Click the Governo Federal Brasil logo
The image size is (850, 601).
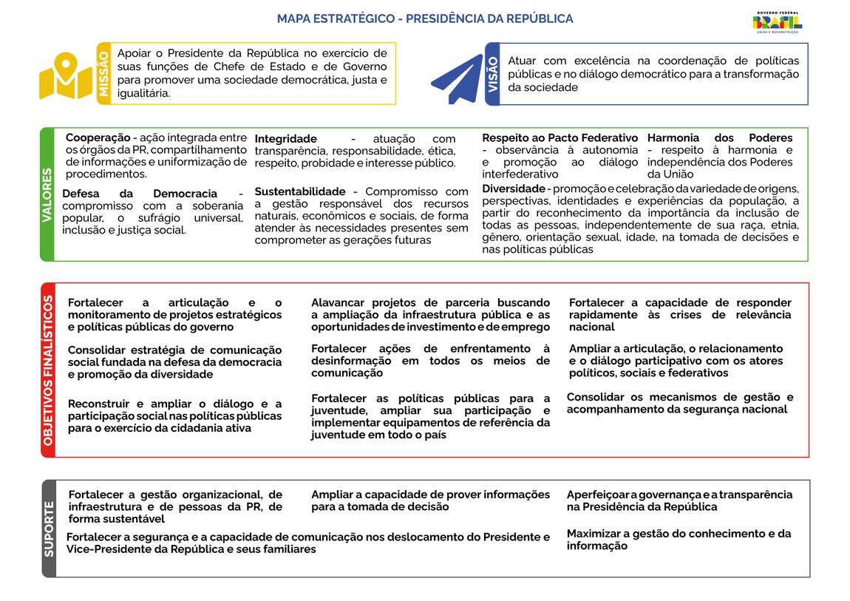coord(777,22)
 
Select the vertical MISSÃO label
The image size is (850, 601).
coord(103,73)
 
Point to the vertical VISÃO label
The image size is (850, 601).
coord(493,73)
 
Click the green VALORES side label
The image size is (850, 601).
coord(47,194)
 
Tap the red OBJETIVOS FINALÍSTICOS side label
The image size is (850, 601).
coord(48,370)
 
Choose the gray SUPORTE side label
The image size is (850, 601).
coord(49,528)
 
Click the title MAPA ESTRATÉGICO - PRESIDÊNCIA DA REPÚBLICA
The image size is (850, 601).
coord(424,18)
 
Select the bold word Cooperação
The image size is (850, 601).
coord(98,137)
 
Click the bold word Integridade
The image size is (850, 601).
coord(285,139)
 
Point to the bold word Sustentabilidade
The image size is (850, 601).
coord(300,191)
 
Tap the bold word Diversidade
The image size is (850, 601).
coord(514,189)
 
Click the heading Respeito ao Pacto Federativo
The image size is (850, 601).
coord(560,137)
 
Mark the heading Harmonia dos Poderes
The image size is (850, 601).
coord(719,137)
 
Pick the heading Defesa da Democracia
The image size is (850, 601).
coord(140,194)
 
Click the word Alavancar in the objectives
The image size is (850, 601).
coord(339,302)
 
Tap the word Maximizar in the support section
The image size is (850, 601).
coord(596,533)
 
